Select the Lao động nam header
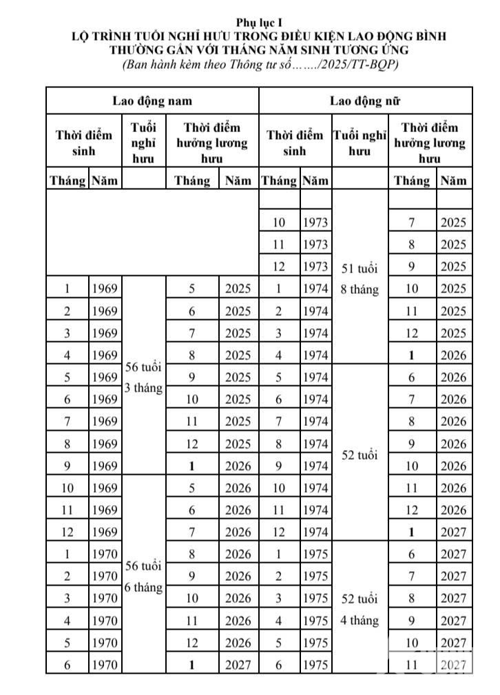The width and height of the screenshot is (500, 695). click(x=152, y=100)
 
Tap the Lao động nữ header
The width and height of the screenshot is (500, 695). click(x=365, y=100)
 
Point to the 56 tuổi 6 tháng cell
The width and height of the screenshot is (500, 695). click(x=143, y=577)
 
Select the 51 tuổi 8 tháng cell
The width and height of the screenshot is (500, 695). click(x=360, y=279)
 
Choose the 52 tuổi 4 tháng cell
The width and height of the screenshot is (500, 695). click(x=360, y=609)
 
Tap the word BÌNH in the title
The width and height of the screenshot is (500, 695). click(x=429, y=36)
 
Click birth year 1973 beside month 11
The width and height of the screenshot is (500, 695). click(x=315, y=244)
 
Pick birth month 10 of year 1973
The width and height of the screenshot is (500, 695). click(x=279, y=222)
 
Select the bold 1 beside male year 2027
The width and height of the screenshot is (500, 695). click(x=192, y=665)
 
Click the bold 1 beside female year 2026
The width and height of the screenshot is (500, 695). click(x=412, y=355)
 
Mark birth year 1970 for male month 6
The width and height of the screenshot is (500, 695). click(x=105, y=665)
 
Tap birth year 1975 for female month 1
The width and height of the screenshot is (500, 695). click(x=315, y=554)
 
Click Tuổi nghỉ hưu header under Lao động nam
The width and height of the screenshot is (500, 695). click(x=143, y=143)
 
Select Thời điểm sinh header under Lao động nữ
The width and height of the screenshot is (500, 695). click(x=295, y=143)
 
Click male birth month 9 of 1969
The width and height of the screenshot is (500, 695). click(x=67, y=466)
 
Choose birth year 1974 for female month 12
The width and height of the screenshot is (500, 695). click(x=315, y=532)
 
